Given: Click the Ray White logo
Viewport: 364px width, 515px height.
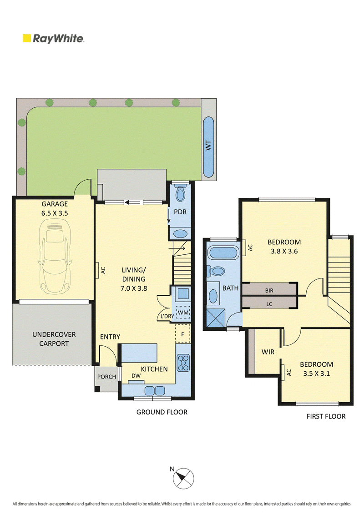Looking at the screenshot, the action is tap(53, 38).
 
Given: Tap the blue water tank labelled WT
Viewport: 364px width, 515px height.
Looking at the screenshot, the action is tap(208, 147).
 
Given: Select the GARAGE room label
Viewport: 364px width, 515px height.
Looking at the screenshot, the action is tap(55, 204).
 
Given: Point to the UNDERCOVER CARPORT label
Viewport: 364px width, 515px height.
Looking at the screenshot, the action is tap(54, 339).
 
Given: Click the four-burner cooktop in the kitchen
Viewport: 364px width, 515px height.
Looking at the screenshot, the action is tap(183, 363).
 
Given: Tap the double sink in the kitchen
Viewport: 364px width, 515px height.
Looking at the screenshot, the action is tap(155, 390).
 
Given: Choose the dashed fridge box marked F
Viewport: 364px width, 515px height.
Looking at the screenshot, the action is tap(182, 333).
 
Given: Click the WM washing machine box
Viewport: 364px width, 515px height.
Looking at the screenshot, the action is tap(183, 313).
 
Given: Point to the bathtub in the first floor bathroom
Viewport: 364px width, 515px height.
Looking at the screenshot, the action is tap(222, 252).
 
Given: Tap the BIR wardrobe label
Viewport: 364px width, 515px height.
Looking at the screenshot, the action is tap(269, 290).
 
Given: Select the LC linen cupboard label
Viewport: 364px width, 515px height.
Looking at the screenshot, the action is tap(269, 304).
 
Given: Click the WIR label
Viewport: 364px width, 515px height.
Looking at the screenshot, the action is tap(268, 352).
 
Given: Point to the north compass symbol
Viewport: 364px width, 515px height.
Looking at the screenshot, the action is tap(183, 478).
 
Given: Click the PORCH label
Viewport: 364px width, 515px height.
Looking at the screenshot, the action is tap(106, 377).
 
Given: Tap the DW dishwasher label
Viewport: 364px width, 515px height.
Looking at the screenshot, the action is tap(136, 376).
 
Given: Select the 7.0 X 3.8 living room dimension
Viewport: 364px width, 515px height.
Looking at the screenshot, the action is tap(134, 288).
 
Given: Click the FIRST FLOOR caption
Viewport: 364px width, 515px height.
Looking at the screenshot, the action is tap(326, 416).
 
